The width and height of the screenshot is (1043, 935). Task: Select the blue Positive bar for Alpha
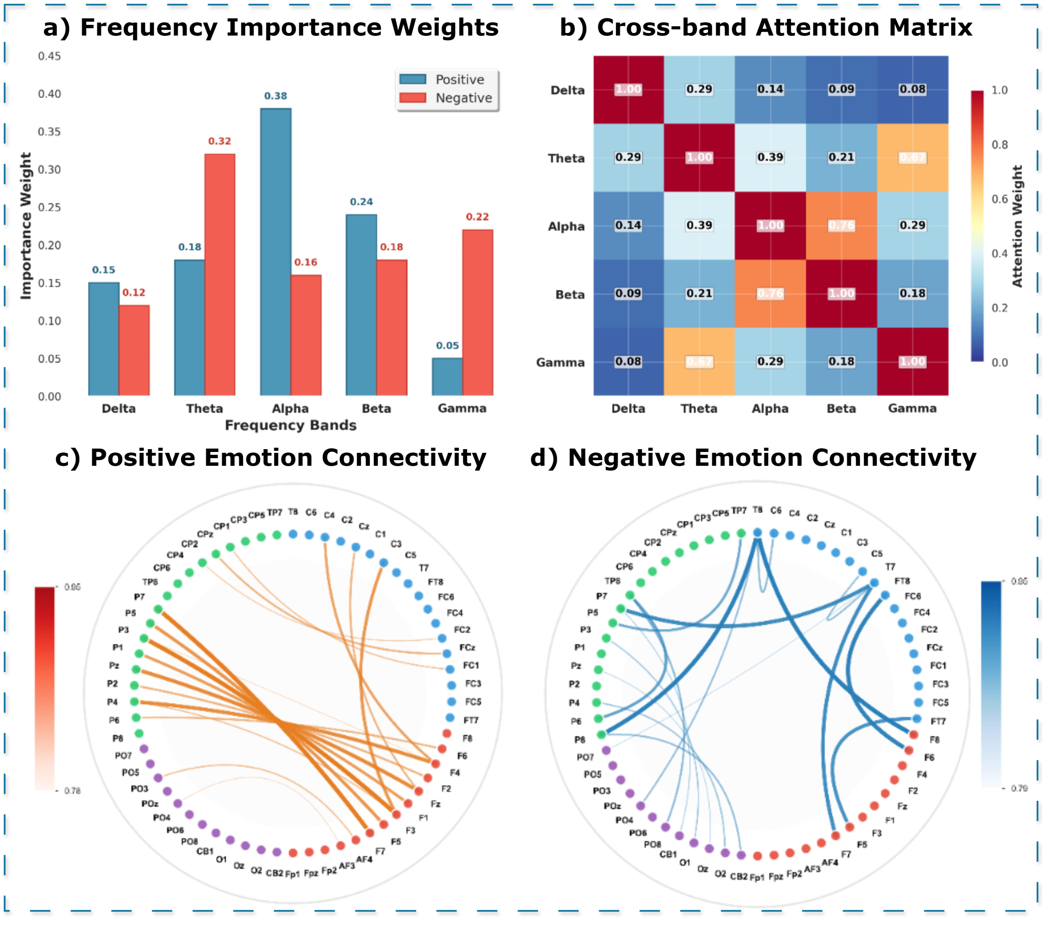(276, 252)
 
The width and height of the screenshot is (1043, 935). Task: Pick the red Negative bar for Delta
(134, 350)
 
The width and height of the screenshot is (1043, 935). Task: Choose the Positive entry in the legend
(459, 79)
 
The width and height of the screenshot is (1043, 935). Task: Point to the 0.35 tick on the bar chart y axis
(49, 132)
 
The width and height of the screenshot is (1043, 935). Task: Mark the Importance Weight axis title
(26, 226)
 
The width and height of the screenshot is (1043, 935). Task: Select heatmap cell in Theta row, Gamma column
(913, 157)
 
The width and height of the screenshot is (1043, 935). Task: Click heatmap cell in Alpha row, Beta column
(841, 225)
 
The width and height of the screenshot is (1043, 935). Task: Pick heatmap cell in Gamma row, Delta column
(628, 362)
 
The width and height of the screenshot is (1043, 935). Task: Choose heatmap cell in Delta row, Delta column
(628, 89)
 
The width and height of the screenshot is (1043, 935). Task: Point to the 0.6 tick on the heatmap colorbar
(999, 199)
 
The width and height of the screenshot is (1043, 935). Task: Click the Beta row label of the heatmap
(570, 294)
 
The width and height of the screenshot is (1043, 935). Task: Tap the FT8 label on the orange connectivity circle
(436, 582)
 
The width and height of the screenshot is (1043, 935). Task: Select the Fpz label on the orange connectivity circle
(311, 873)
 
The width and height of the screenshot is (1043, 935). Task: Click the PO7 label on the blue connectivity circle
(585, 757)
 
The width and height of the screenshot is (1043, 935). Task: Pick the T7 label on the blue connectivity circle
(890, 567)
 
